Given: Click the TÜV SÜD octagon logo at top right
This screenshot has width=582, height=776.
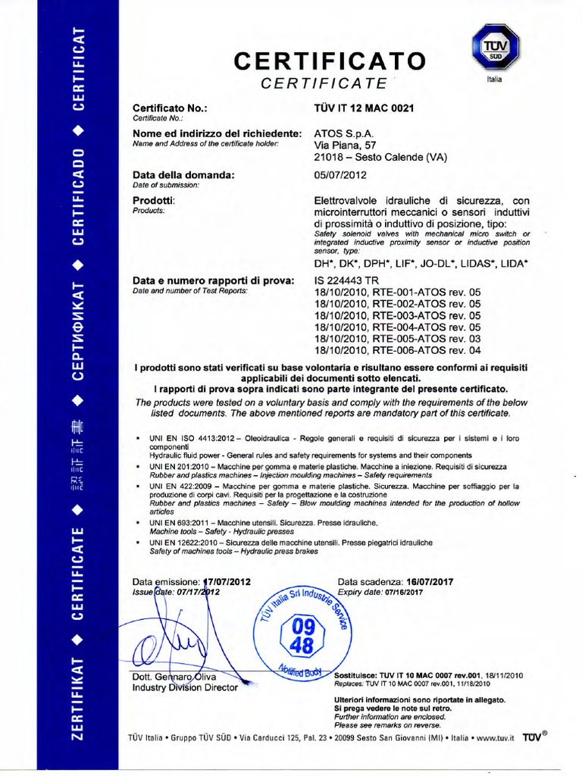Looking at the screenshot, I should tap(489, 47).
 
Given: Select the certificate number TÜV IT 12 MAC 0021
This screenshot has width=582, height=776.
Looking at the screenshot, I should tap(364, 109).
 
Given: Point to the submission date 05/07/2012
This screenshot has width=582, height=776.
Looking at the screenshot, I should tap(339, 175).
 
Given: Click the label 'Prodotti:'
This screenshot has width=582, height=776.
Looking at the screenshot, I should tap(154, 200).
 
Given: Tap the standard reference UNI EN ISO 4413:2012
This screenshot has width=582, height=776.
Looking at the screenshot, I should tap(195, 439).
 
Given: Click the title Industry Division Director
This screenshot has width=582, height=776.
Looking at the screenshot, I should tap(184, 687).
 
